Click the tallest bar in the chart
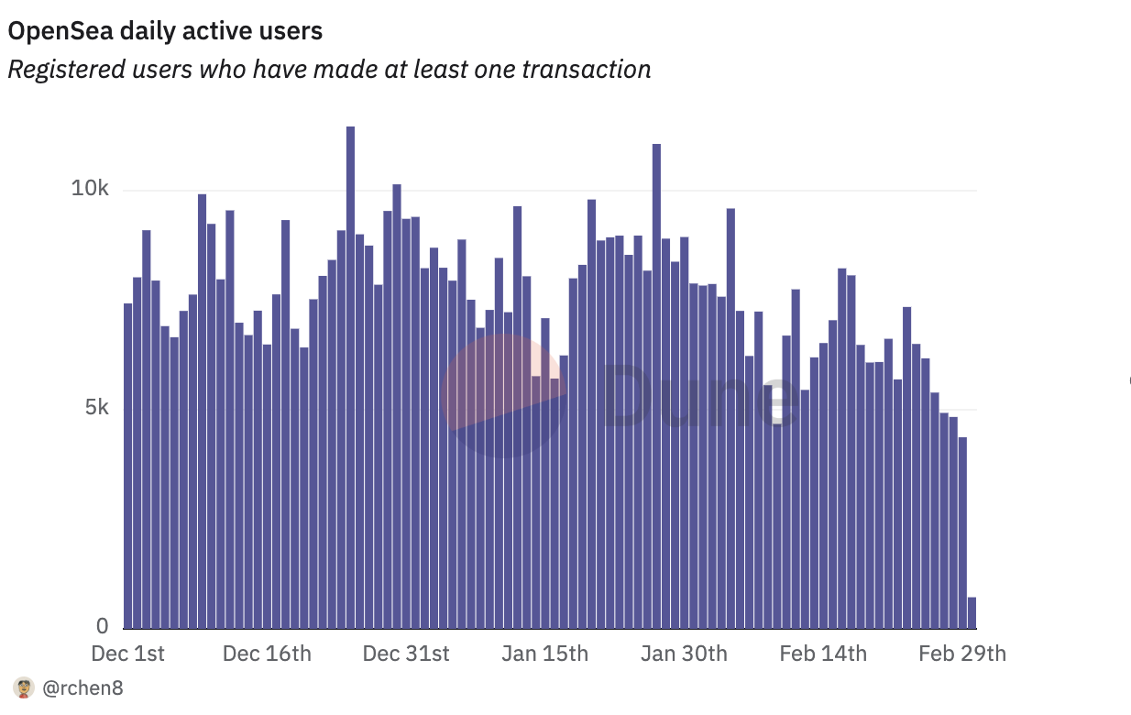(x=350, y=376)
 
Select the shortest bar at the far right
(x=972, y=612)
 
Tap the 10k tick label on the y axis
(x=91, y=190)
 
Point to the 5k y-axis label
(x=96, y=407)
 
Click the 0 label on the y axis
(x=103, y=627)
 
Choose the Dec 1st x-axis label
(x=128, y=654)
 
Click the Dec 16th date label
(x=267, y=654)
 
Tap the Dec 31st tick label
(x=406, y=654)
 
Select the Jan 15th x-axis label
(x=544, y=654)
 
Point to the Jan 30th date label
(x=684, y=654)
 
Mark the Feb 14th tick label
(x=823, y=654)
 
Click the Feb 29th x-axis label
(x=962, y=654)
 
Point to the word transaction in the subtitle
(x=587, y=69)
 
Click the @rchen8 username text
(x=82, y=687)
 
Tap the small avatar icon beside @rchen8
(x=24, y=687)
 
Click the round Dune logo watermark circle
(x=504, y=395)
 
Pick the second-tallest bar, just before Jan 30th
(x=656, y=385)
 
